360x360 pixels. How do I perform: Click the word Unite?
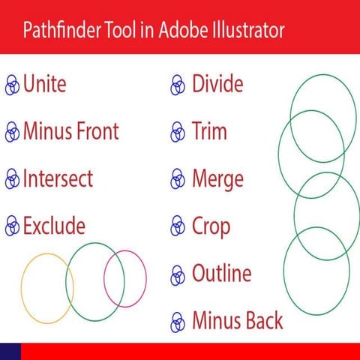point(44,83)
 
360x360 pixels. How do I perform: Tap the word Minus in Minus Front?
point(47,131)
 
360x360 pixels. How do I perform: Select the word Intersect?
point(58,178)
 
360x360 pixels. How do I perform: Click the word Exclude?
point(54,225)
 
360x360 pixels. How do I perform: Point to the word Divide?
point(217,83)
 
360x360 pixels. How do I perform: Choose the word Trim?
point(209,131)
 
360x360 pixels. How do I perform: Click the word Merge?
point(217,179)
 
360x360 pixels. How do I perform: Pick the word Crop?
point(211,226)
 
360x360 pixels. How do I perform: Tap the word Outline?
point(221,273)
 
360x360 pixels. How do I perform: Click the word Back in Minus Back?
point(263,321)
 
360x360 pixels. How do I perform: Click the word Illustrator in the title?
point(242,31)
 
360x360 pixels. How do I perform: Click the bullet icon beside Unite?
point(12,85)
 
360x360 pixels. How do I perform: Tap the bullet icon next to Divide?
point(178,85)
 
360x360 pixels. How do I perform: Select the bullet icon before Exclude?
point(12,226)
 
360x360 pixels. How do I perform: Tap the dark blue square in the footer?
point(10,351)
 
